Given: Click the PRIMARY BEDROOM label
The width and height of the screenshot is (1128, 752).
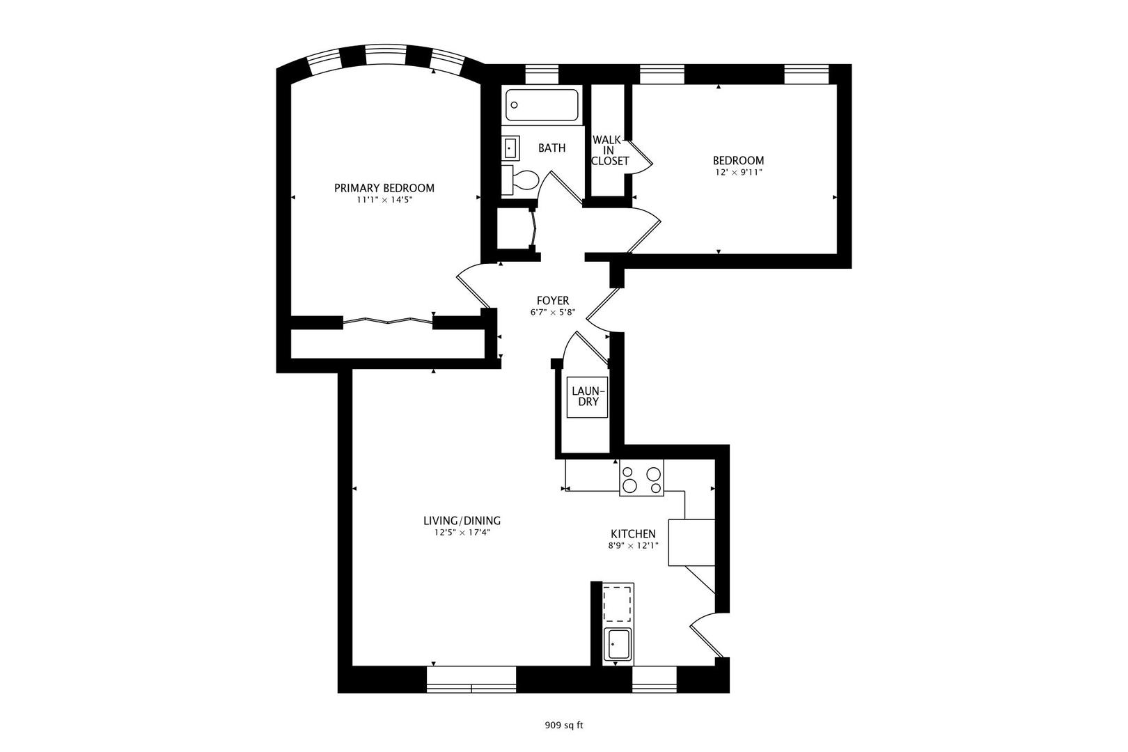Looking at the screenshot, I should [384, 188].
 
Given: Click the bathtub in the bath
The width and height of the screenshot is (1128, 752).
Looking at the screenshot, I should [542, 106].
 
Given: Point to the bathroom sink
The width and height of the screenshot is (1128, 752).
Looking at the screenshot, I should [510, 148].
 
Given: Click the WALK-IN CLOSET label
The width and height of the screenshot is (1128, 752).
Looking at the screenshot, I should [609, 150].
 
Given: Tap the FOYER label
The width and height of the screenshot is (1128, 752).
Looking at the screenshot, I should [552, 301].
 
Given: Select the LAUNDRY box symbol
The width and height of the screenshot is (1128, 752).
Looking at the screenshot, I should [587, 397].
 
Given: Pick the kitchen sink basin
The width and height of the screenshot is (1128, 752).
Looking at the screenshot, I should [618, 645].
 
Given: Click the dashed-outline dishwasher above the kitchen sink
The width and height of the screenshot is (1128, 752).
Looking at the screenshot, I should [618, 604].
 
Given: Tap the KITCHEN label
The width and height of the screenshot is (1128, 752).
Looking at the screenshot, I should [633, 534].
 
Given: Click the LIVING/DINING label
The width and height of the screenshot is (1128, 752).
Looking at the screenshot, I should [462, 521].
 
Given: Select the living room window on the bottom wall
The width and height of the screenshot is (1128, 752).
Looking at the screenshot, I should [471, 680].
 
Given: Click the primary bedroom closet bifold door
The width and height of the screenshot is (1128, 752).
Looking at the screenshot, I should [388, 321].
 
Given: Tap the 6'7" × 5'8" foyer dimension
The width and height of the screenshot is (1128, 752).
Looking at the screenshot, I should [552, 312].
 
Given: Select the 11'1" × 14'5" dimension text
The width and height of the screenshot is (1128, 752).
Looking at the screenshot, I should [384, 200].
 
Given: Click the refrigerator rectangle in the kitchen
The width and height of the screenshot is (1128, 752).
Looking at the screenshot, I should [691, 542].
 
